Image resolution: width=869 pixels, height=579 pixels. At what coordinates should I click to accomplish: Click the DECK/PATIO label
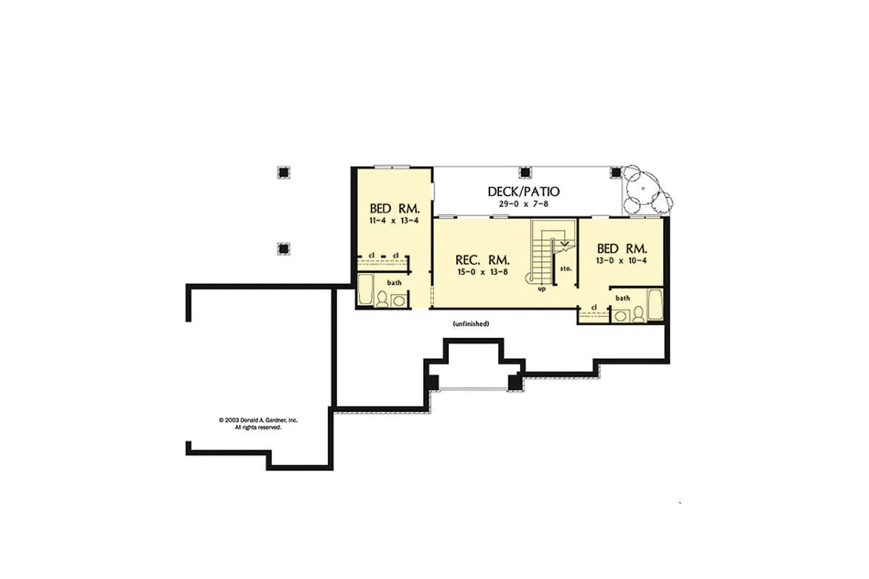(x=524, y=192)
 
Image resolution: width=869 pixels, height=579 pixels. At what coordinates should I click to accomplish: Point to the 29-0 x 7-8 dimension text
(x=524, y=204)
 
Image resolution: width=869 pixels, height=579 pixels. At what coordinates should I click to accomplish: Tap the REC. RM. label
(x=482, y=260)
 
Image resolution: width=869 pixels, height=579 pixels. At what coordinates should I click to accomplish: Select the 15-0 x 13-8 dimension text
(x=482, y=272)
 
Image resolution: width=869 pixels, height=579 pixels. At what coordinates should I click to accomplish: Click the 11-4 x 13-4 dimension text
(x=394, y=221)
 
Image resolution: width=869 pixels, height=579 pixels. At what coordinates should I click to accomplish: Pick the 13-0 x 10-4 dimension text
(x=621, y=261)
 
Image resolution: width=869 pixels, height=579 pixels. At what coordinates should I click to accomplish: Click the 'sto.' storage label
(x=566, y=269)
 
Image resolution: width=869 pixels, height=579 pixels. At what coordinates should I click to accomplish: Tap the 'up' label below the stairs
(x=542, y=289)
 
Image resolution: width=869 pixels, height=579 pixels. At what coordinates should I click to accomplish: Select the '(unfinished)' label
(x=471, y=324)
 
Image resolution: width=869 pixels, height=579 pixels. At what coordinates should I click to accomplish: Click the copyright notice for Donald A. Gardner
(x=258, y=423)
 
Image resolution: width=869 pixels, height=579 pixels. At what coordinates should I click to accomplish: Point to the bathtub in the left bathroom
(x=365, y=289)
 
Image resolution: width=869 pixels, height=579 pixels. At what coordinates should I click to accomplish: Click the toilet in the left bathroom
(x=382, y=300)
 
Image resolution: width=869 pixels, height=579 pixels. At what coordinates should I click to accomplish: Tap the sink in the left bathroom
(x=398, y=301)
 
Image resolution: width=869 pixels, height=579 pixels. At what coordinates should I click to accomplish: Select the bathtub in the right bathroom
(x=655, y=305)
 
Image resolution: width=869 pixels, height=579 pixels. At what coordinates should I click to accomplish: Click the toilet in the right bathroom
(x=638, y=315)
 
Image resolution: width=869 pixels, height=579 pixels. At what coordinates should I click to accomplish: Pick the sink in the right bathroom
(x=621, y=316)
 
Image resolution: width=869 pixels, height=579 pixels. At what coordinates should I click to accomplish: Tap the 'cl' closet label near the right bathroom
(x=594, y=308)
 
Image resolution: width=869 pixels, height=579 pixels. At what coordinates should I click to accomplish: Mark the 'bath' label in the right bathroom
(x=623, y=298)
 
